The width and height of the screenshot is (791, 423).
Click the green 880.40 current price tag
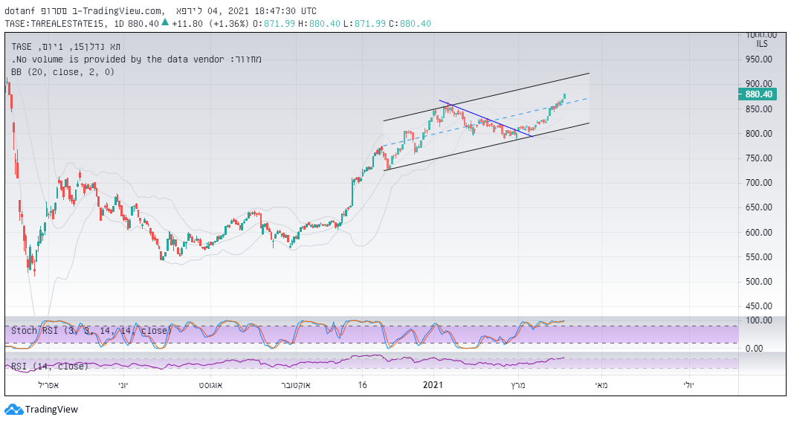[x=761, y=94]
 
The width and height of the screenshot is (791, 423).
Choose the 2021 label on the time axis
[x=433, y=385]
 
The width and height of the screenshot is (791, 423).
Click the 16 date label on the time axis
[x=362, y=385]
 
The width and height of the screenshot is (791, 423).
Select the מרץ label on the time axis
[x=518, y=385]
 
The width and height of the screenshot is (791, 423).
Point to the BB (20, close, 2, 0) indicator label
[x=62, y=72]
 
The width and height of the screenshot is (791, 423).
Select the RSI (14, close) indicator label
[x=49, y=366]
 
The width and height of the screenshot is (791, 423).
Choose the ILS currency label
[x=762, y=45]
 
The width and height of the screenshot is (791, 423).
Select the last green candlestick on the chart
[x=565, y=97]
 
